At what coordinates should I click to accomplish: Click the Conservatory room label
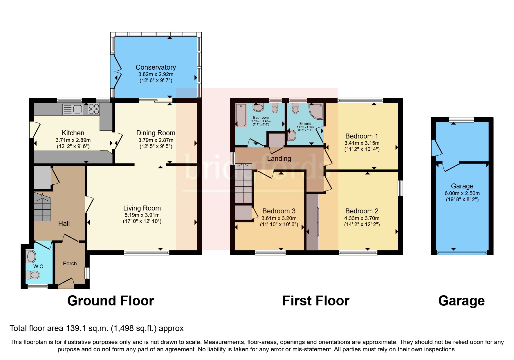(156, 67)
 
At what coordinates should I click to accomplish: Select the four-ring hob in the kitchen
(93, 109)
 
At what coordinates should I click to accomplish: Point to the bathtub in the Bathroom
(241, 115)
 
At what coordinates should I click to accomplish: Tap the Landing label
(279, 159)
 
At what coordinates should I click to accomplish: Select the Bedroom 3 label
(279, 211)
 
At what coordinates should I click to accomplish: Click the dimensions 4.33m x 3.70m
(362, 218)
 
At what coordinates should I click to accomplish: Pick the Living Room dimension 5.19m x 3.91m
(142, 215)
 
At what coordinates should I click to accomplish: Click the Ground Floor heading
(111, 301)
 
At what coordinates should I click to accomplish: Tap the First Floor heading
(316, 301)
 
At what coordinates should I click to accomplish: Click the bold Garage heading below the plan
(461, 301)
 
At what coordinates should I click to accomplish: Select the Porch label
(70, 264)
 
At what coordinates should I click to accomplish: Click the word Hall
(64, 224)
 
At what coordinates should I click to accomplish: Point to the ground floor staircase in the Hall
(42, 207)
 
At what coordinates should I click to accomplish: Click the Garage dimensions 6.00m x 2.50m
(462, 193)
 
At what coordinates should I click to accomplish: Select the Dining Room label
(156, 133)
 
